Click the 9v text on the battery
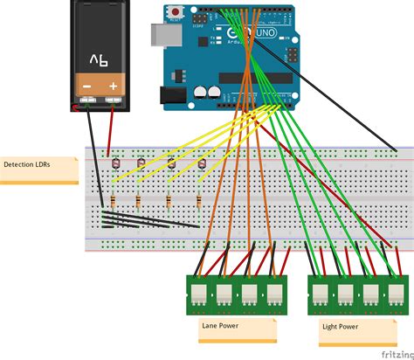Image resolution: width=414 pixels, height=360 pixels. click(x=99, y=59)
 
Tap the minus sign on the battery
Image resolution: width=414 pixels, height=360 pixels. click(x=86, y=87)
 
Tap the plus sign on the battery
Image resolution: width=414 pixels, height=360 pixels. click(x=113, y=87)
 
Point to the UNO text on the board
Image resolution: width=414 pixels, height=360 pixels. click(x=263, y=33)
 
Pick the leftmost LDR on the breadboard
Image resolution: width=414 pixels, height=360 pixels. click(x=110, y=163)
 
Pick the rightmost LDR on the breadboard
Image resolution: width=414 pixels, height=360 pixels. click(x=202, y=163)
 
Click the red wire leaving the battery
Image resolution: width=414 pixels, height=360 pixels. click(x=109, y=131)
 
